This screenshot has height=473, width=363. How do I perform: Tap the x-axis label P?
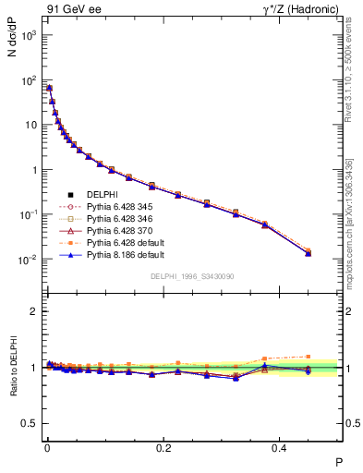tap(338, 463)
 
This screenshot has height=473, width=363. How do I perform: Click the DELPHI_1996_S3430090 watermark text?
tap(190, 276)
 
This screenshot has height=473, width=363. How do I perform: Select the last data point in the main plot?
tap(309, 252)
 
